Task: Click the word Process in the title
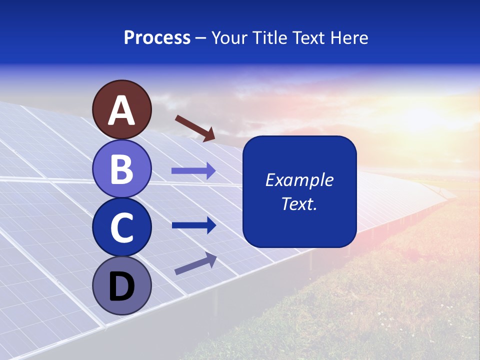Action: (157, 37)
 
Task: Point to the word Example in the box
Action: (299, 180)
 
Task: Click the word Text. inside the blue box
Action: (299, 203)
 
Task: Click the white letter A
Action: (121, 110)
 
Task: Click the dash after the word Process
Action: (201, 38)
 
